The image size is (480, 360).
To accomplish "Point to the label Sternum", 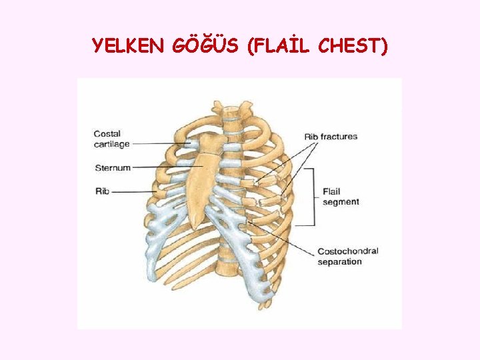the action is click(113, 167).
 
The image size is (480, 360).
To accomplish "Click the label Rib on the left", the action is click(102, 191).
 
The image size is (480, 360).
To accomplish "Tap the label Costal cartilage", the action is click(111, 139).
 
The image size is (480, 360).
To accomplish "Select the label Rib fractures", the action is click(331, 137).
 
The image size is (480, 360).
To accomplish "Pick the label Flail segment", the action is click(341, 197).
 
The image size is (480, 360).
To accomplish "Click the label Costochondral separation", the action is click(347, 256).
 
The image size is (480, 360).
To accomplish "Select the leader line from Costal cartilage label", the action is click(160, 143).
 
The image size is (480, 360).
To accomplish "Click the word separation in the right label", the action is click(340, 261).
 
